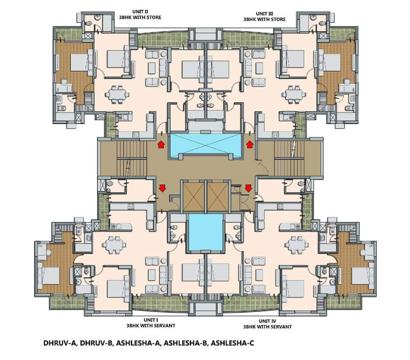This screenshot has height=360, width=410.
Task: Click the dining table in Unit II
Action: [x=115, y=94]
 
